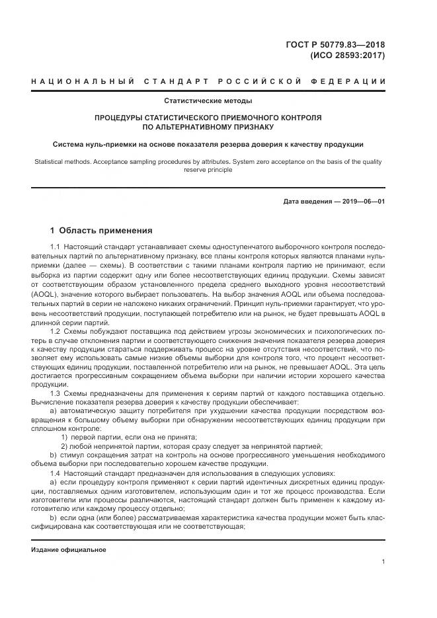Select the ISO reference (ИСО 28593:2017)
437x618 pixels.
[x=347, y=56]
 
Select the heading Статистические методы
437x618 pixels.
[x=208, y=101]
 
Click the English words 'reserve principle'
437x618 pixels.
[x=208, y=170]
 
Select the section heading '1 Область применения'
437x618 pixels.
[x=101, y=231]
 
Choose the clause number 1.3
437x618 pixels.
[x=55, y=393]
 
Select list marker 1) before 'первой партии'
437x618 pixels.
[x=64, y=437]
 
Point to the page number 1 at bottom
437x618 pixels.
[x=383, y=561]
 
